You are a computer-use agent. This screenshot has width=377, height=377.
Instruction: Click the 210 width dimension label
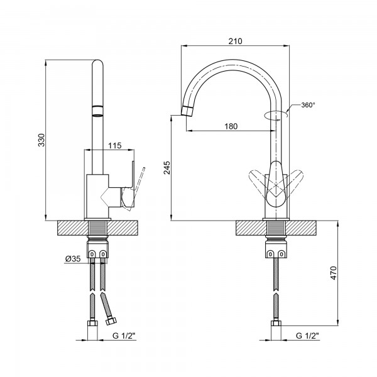235,41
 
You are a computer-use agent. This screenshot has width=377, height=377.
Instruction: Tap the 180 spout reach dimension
231,126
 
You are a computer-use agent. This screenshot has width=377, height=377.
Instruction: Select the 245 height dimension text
167,168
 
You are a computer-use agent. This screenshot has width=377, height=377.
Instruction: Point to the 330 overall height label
41,140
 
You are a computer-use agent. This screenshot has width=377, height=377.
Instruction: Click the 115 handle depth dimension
115,146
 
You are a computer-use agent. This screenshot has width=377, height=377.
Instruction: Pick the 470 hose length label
334,273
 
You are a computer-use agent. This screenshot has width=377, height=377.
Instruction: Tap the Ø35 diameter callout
73,259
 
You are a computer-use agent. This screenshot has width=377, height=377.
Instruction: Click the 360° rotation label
308,105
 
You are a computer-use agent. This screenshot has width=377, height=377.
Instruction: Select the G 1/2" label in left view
124,336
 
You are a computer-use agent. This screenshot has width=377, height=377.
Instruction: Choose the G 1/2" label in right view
307,336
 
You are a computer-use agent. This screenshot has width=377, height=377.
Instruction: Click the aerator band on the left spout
97,111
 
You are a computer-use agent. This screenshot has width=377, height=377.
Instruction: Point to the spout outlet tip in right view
187,111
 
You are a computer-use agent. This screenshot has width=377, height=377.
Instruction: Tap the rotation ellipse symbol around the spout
276,115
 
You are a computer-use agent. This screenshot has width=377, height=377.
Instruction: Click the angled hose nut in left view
111,320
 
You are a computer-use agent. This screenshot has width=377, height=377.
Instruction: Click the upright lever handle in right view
276,184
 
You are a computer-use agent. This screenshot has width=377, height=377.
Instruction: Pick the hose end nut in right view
276,324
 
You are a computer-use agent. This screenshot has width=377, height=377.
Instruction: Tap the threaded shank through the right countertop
276,228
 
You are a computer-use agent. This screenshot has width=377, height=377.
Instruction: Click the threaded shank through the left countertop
97,228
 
